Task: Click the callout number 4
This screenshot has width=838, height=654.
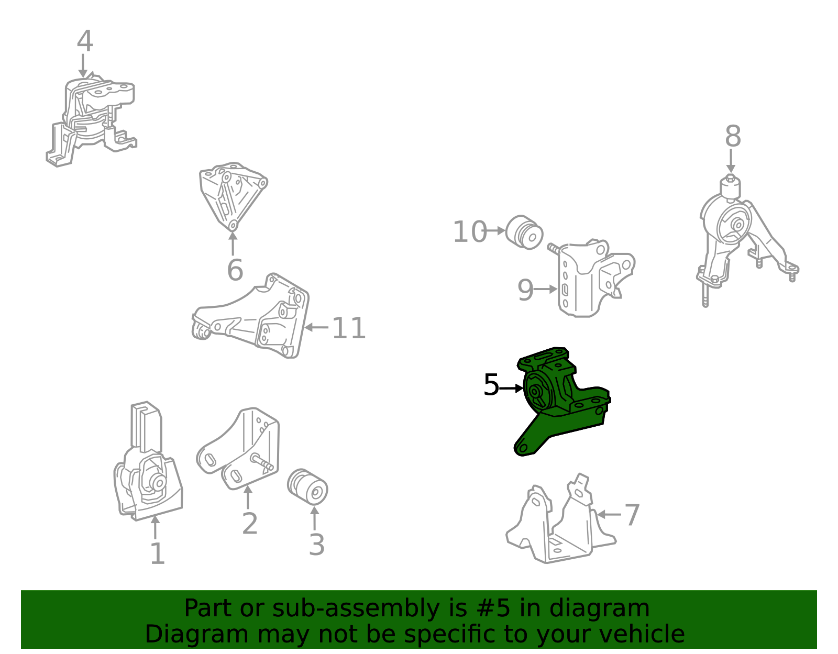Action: [85, 41]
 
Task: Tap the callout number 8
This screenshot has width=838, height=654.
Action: [733, 136]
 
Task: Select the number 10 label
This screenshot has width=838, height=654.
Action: [469, 231]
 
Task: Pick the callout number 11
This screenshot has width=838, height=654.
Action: [348, 328]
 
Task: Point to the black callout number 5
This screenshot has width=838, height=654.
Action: [491, 384]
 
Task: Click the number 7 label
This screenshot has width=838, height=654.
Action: [632, 515]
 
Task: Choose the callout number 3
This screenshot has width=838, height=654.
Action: [317, 545]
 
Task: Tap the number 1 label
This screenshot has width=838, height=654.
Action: [157, 554]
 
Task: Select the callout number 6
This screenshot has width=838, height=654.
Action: [235, 270]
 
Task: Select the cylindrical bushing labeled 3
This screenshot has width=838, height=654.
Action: [307, 486]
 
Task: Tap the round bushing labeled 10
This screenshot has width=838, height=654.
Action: [524, 232]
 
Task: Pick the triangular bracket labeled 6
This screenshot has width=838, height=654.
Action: [233, 196]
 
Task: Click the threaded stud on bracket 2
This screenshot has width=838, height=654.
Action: [262, 462]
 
